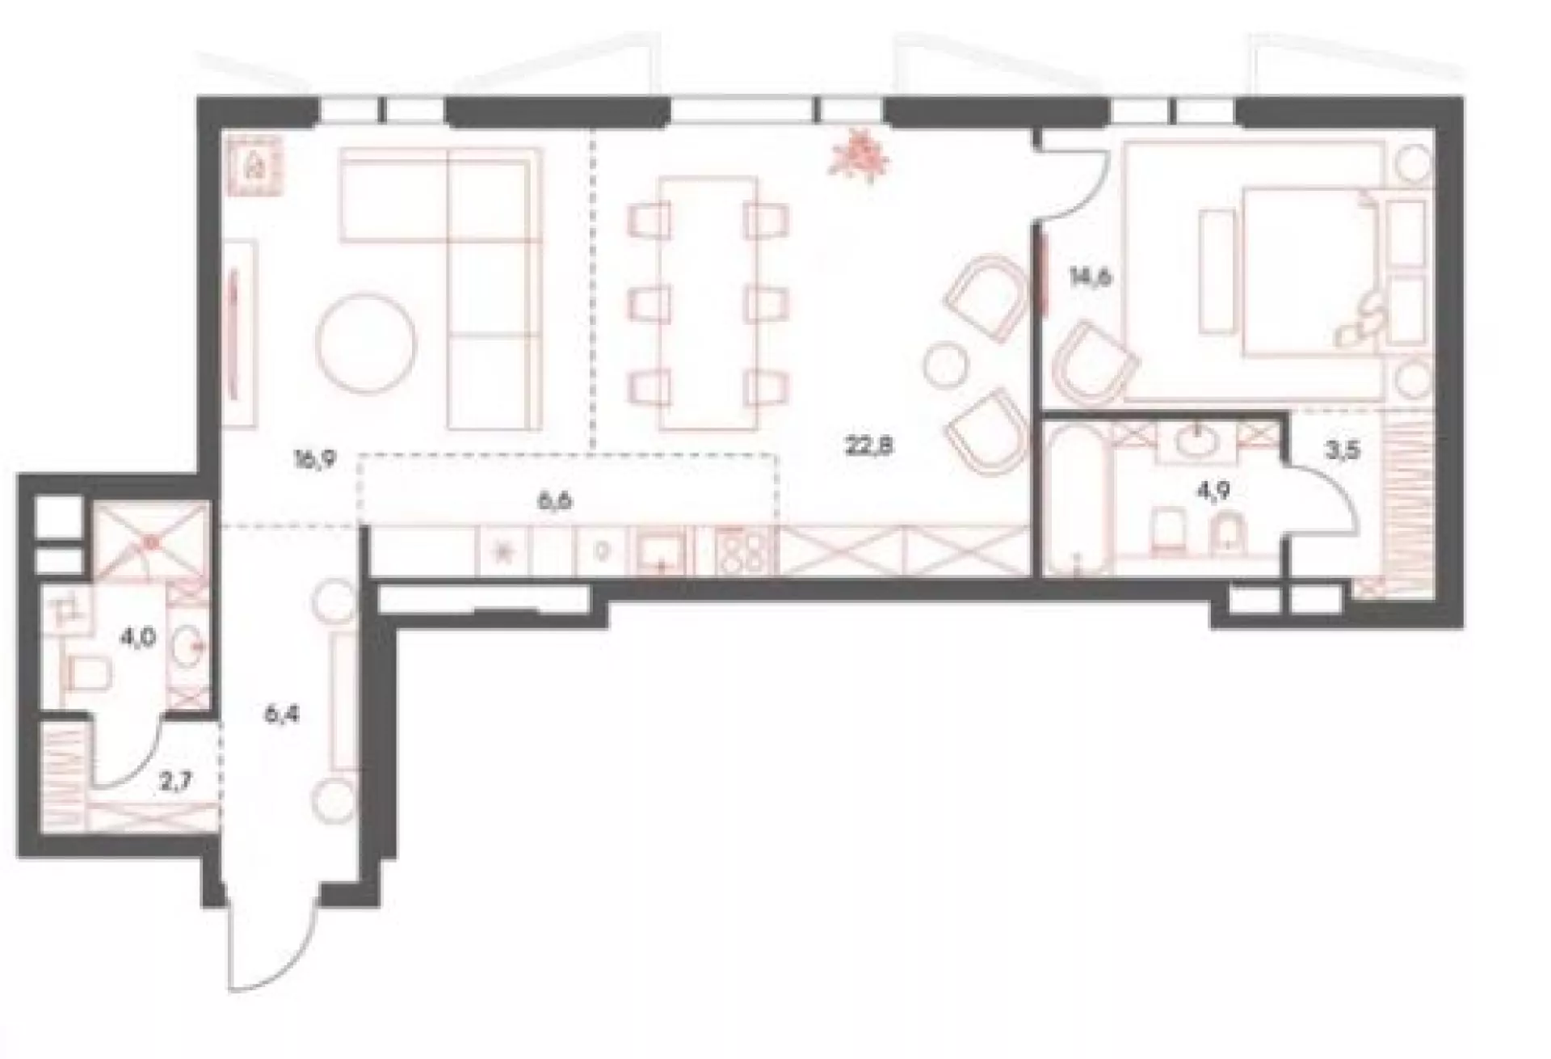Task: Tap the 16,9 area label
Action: point(314,462)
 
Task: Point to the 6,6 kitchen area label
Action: point(555,502)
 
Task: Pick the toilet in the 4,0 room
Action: point(89,676)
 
